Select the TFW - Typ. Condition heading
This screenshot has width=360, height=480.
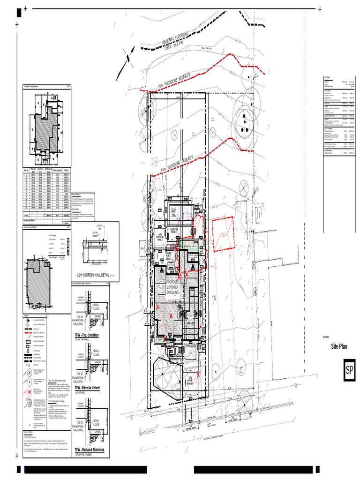tap(90, 336)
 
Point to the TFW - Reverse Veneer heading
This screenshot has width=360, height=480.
tap(90, 388)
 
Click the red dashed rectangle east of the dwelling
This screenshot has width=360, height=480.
tap(223, 236)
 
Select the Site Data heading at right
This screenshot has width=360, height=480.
tap(327, 77)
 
